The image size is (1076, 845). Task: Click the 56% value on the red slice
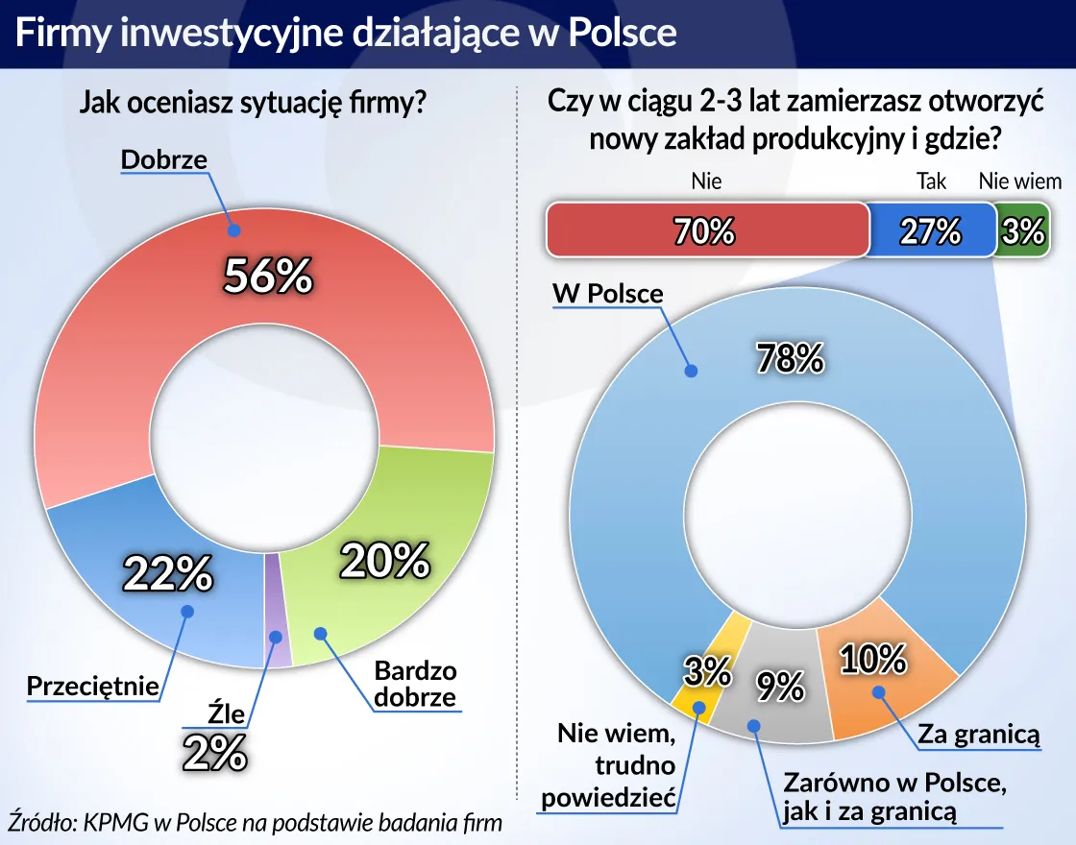coord(268,277)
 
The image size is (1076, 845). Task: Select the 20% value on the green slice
coord(384,560)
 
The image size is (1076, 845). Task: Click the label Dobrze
coord(164,159)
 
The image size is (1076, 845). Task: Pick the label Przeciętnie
coord(92,687)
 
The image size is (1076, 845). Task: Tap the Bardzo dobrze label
coord(415,684)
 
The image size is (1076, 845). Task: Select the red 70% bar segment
coord(706,231)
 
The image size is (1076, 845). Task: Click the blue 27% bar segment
coord(930,231)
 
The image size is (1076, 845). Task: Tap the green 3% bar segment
coord(1019,231)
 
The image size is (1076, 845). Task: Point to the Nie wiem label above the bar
coord(1019,181)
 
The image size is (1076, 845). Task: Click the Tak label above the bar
coord(931,181)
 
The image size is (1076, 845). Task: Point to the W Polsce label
coord(608,293)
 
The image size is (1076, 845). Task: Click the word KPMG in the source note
coord(111,823)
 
